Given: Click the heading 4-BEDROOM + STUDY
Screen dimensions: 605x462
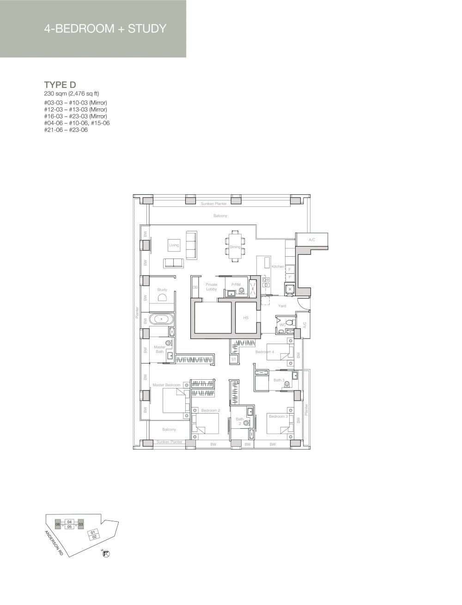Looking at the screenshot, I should coord(105,29).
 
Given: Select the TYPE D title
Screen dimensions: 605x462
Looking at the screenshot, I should coord(60,84).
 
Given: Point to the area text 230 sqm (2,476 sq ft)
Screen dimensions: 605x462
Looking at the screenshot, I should coord(72,93).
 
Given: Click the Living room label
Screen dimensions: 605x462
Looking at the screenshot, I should coord(174,245).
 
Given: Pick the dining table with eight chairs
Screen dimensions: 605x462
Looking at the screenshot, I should coord(235,247).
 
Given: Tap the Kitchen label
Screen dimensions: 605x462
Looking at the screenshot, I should coord(278,267).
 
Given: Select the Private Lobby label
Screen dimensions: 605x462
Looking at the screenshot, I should coord(212,287).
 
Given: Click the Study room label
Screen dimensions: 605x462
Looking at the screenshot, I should coord(162,290).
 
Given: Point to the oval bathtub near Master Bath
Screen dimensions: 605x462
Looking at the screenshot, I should coord(161,319).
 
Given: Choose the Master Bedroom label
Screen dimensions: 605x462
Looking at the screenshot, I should coord(166,385).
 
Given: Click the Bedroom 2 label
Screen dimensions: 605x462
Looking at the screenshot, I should coord(210,410).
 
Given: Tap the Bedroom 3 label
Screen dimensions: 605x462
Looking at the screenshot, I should coord(278,416).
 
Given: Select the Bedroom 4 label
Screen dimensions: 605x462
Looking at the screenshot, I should coord(265,352).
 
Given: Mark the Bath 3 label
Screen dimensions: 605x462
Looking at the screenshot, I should coord(279,380).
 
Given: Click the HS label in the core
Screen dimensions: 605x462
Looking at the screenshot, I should coord(246,318).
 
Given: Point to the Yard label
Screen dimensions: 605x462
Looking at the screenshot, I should coord(282,306).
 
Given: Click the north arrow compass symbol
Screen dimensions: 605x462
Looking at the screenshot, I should coord(107,553).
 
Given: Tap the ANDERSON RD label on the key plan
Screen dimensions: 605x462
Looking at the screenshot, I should coord(54,542).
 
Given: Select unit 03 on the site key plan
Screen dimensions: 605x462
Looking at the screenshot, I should coord(81,524).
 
